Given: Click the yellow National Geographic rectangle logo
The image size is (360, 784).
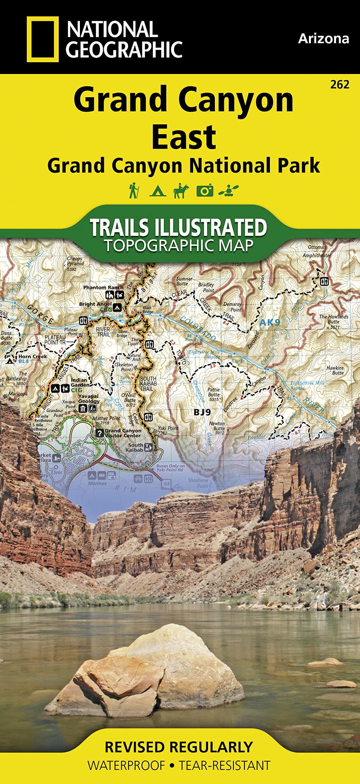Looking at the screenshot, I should pyautogui.click(x=43, y=39).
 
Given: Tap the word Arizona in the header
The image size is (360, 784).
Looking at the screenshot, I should pyautogui.click(x=323, y=39).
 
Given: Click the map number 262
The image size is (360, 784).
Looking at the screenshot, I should pyautogui.click(x=339, y=85).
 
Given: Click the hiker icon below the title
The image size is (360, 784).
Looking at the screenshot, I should pyautogui.click(x=134, y=190).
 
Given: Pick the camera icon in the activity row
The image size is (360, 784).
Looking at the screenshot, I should pyautogui.click(x=204, y=190).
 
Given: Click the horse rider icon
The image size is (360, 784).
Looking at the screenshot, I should pyautogui.click(x=181, y=190).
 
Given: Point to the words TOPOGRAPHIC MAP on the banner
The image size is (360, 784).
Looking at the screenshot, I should pyautogui.click(x=179, y=246).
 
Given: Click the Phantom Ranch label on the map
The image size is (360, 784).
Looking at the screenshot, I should pyautogui.click(x=103, y=288).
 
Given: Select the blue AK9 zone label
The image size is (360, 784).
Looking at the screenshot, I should pyautogui.click(x=269, y=322).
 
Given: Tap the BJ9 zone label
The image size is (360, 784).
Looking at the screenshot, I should pyautogui.click(x=202, y=412).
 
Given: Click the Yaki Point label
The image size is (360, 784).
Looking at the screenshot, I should pyautogui.click(x=168, y=428).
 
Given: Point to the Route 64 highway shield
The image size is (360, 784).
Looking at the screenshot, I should pyautogui.click(x=167, y=484).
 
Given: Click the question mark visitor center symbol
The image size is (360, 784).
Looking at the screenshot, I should pyautogui.click(x=99, y=433).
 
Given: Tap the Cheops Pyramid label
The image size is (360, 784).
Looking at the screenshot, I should pyautogui.click(x=75, y=261).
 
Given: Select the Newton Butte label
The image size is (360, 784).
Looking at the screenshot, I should pyautogui.click(x=217, y=426).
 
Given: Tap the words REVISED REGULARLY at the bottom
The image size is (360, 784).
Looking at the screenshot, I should pyautogui.click(x=179, y=747).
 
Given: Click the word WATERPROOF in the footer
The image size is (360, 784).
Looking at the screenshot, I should pyautogui.click(x=126, y=765).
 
